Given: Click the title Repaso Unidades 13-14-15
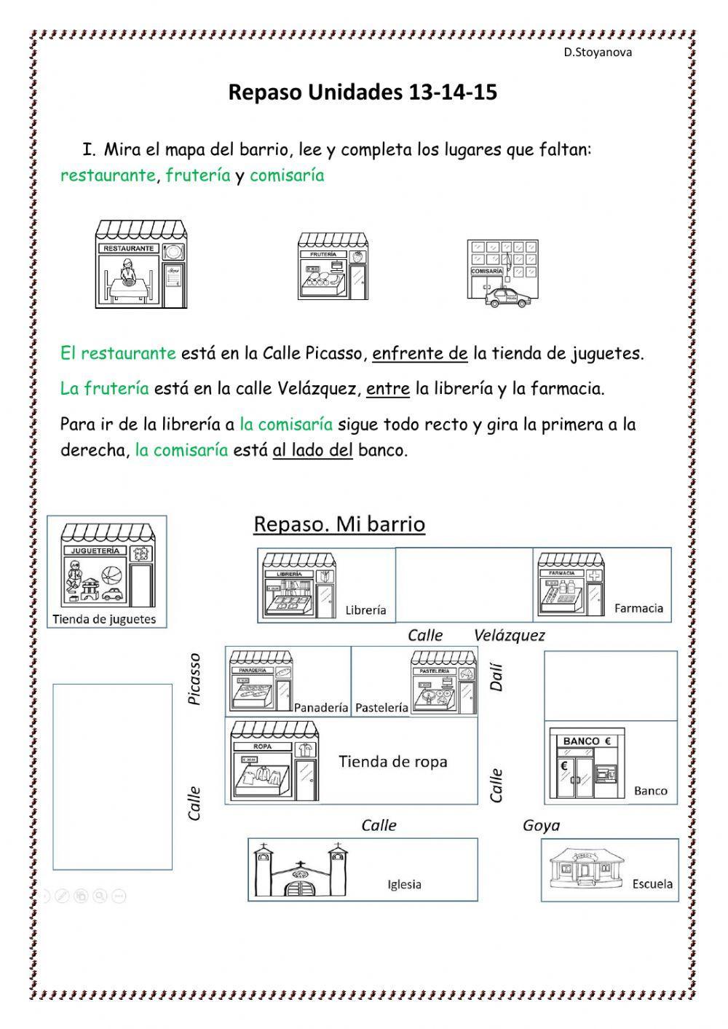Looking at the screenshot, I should pos(363,92).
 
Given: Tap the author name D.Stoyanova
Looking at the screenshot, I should pos(598,52).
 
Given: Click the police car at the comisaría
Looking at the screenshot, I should pos(507,297).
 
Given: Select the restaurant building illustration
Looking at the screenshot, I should pos(141,263).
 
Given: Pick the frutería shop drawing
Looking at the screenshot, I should pos(333,267).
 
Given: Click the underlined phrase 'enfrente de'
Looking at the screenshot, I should pos(420,354).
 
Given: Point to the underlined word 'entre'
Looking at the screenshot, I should pos(388,389).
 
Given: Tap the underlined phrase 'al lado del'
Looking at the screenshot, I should pos(312,450).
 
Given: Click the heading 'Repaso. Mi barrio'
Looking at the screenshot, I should pos(339,524).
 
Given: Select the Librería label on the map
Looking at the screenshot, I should pos(365,610).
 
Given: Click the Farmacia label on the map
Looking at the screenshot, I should pos(638,608).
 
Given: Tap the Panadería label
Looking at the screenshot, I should pos(321,708).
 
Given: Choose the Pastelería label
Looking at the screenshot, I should pos(381,708).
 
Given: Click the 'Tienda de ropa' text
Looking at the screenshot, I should pos(393,762).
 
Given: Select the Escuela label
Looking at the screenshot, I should pos(652,884).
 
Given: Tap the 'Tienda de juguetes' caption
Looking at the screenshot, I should pos(104,620).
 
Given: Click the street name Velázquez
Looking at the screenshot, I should pos(509,635).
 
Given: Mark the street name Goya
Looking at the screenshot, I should pos(541,825).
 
